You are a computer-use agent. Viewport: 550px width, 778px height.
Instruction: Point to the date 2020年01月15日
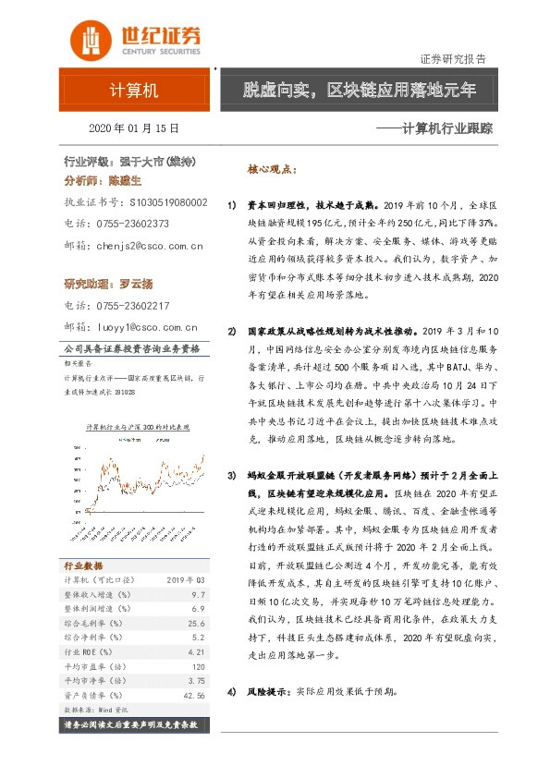[x=134, y=128]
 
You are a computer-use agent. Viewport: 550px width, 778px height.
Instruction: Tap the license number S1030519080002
[x=168, y=201]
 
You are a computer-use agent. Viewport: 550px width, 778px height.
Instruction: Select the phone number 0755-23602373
[x=136, y=223]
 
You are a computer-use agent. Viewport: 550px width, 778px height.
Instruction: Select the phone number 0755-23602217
[x=136, y=305]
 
